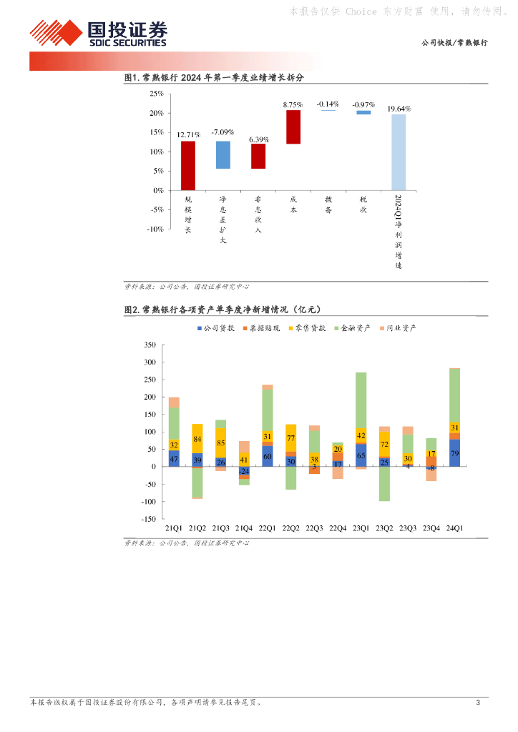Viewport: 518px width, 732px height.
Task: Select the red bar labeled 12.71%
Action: (188, 165)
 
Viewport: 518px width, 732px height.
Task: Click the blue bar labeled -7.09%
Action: (223, 154)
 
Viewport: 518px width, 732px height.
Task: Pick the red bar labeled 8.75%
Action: (293, 127)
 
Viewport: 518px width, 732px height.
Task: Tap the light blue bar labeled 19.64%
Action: (398, 152)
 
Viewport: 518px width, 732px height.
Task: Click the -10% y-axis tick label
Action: (154, 229)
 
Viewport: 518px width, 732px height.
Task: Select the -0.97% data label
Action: (364, 104)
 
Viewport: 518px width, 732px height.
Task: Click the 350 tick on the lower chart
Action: (150, 345)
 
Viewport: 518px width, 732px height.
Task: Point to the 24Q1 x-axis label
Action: (454, 528)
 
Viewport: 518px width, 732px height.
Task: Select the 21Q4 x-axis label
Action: (244, 528)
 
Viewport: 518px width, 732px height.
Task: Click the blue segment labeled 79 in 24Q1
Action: (454, 453)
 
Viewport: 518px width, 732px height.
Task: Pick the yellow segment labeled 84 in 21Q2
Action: (197, 438)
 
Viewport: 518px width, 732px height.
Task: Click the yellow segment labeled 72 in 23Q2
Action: (384, 444)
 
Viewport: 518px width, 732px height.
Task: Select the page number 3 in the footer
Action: (478, 703)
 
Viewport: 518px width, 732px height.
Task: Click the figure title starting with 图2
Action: (222, 310)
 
